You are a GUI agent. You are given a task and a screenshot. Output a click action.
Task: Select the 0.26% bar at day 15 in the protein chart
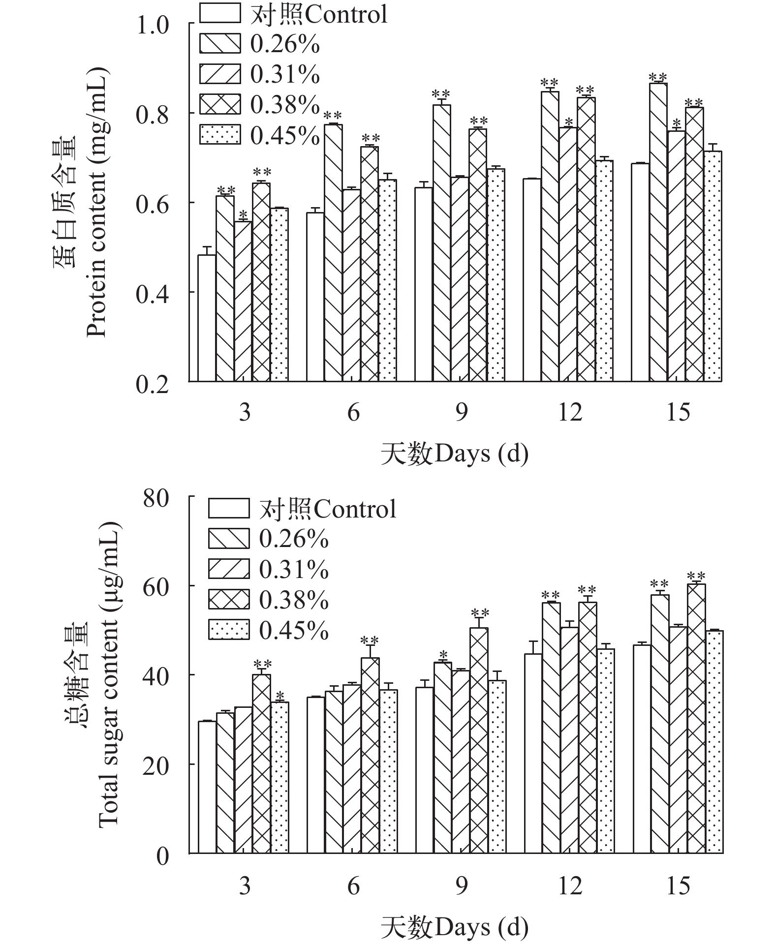coord(658,232)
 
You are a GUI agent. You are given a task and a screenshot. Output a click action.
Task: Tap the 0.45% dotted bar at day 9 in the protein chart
coord(496,275)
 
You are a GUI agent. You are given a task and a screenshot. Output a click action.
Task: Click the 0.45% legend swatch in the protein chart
coord(220,135)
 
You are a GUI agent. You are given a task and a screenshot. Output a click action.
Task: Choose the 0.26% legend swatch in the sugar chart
coord(229,539)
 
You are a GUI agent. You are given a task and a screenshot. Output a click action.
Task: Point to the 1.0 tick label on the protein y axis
coord(153,26)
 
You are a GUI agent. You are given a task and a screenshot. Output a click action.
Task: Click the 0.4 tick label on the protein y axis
coord(153,294)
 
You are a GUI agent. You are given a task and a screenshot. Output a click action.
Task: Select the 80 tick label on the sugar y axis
coord(156,498)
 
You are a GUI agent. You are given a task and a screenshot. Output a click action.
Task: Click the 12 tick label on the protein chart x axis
coord(570,412)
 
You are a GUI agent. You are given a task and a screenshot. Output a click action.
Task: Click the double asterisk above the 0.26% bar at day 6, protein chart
coord(333,116)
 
